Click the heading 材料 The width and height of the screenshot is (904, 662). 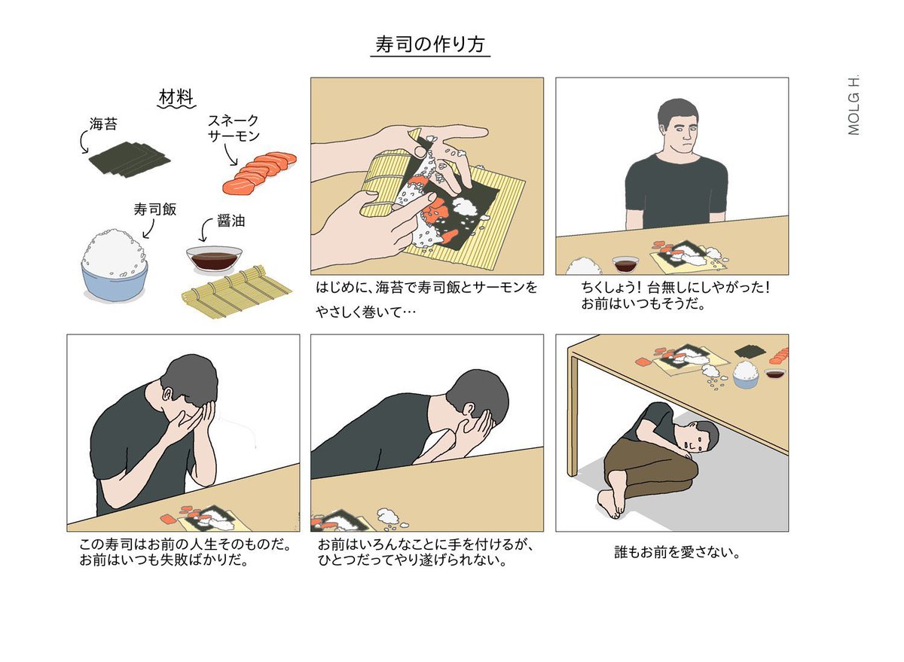pos(176,98)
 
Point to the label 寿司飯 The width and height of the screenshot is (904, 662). pos(155,209)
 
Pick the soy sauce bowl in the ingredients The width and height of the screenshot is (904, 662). pos(214,261)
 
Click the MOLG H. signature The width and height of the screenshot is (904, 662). pos(854,105)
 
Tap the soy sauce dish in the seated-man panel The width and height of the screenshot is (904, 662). pos(625,263)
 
